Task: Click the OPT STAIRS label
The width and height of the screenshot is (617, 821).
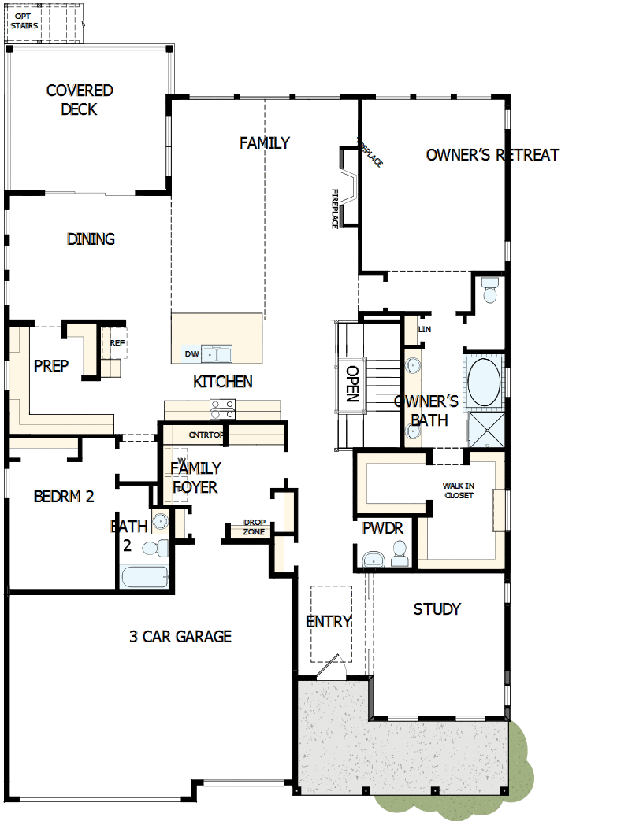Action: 24,20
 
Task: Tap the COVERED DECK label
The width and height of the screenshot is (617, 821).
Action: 80,100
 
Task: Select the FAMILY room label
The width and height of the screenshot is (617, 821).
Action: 265,142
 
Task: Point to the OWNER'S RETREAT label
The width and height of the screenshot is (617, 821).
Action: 492,155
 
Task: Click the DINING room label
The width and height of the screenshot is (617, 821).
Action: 91,239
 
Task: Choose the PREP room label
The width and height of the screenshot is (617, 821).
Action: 51,366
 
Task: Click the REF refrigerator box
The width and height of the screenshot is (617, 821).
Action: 116,343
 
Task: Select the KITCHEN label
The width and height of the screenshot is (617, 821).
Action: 223,382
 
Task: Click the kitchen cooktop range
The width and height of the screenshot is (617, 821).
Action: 222,409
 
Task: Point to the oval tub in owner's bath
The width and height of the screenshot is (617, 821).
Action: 483,383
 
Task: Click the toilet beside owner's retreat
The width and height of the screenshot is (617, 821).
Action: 489,290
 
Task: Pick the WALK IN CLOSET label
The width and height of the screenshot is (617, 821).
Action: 459,490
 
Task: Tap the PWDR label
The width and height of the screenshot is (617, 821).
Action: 382,529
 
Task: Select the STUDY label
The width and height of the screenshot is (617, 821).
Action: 437,608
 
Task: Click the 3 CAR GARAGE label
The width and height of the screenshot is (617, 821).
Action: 180,636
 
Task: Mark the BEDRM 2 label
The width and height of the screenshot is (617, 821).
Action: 64,497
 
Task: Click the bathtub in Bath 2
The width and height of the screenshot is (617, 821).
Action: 144,576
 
